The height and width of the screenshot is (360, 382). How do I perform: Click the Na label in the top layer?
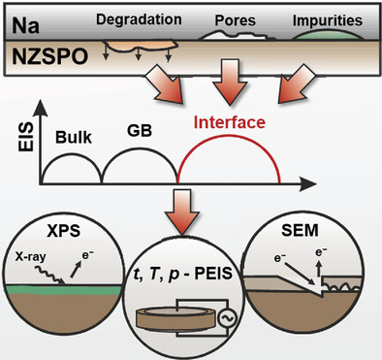26,25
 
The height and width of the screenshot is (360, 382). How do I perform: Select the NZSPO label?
50,57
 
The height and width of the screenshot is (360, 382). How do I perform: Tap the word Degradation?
139,20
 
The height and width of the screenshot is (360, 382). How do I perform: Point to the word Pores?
236,20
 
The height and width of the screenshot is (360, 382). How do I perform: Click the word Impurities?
328,20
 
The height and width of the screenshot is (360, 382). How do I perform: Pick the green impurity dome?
328,36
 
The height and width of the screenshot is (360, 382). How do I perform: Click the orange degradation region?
140,48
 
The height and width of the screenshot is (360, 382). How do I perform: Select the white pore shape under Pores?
236,35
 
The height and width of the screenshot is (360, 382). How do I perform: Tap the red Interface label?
230,122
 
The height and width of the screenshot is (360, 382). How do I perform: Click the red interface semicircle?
229,136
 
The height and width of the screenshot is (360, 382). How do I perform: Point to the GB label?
140,131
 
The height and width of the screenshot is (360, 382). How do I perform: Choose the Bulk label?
74,138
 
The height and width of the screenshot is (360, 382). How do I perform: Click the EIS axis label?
26,137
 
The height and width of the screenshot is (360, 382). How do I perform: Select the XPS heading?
64,231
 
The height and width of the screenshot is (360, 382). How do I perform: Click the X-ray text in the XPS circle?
31,257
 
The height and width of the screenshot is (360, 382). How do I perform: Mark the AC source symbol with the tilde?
227,318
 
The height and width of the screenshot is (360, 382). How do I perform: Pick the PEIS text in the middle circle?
213,275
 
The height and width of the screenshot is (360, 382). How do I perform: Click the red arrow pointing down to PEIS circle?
181,212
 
